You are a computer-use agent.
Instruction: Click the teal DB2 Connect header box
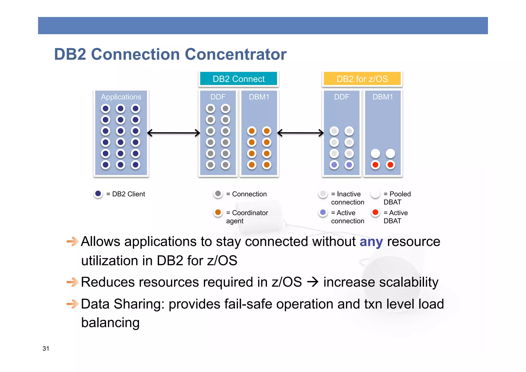(238, 79)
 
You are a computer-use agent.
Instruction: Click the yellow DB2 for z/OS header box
(362, 79)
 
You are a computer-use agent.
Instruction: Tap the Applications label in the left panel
(121, 97)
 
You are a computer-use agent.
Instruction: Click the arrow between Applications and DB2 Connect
(174, 133)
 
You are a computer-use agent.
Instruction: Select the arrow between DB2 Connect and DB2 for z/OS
(300, 133)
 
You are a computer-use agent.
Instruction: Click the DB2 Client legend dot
(98, 194)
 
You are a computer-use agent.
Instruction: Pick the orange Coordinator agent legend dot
(218, 212)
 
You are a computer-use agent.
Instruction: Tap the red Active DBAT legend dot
(375, 212)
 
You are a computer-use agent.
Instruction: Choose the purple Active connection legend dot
(323, 212)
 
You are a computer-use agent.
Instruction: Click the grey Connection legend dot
(218, 194)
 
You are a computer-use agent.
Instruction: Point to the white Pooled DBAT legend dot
(375, 194)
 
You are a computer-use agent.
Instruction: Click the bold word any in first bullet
(371, 242)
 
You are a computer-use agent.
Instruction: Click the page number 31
(46, 348)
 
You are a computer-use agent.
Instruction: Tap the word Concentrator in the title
(236, 54)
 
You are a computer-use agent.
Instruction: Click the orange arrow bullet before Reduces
(72, 282)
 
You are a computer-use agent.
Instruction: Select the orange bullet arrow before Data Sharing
(72, 304)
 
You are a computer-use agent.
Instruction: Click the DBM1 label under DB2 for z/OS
(383, 97)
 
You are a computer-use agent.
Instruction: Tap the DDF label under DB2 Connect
(218, 97)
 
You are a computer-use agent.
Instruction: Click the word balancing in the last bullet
(110, 323)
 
